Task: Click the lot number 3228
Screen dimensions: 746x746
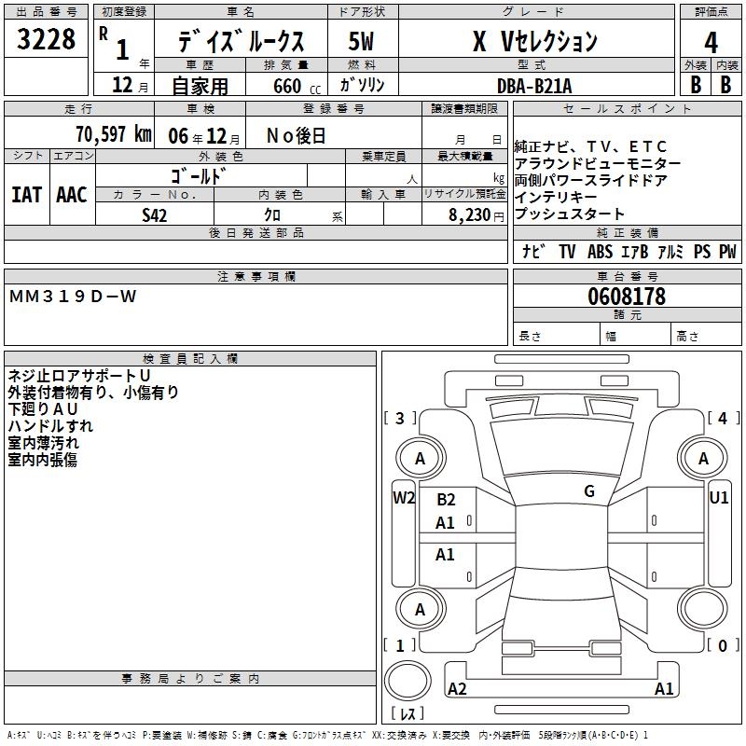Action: tap(46, 40)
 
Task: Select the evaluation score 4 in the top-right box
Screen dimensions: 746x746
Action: tap(711, 42)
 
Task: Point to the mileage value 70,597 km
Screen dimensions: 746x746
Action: tap(113, 134)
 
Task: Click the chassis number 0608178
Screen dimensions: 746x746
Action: tap(627, 297)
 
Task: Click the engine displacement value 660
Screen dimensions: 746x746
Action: tap(287, 86)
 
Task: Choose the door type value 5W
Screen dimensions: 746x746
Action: tap(362, 42)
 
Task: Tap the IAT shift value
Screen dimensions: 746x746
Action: tap(26, 194)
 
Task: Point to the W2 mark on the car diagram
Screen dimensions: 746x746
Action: tap(403, 497)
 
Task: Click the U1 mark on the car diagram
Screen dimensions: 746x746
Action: tap(718, 497)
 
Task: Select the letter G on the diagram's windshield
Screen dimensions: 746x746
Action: tap(589, 491)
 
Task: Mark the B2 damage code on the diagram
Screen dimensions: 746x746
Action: tap(446, 500)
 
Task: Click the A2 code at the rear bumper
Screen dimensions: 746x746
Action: tap(457, 689)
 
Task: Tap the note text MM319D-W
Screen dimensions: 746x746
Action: tap(73, 297)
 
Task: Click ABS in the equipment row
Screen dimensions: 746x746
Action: tap(601, 252)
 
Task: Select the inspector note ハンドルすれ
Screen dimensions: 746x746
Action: tap(50, 426)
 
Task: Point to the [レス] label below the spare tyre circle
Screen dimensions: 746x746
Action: tap(408, 714)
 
